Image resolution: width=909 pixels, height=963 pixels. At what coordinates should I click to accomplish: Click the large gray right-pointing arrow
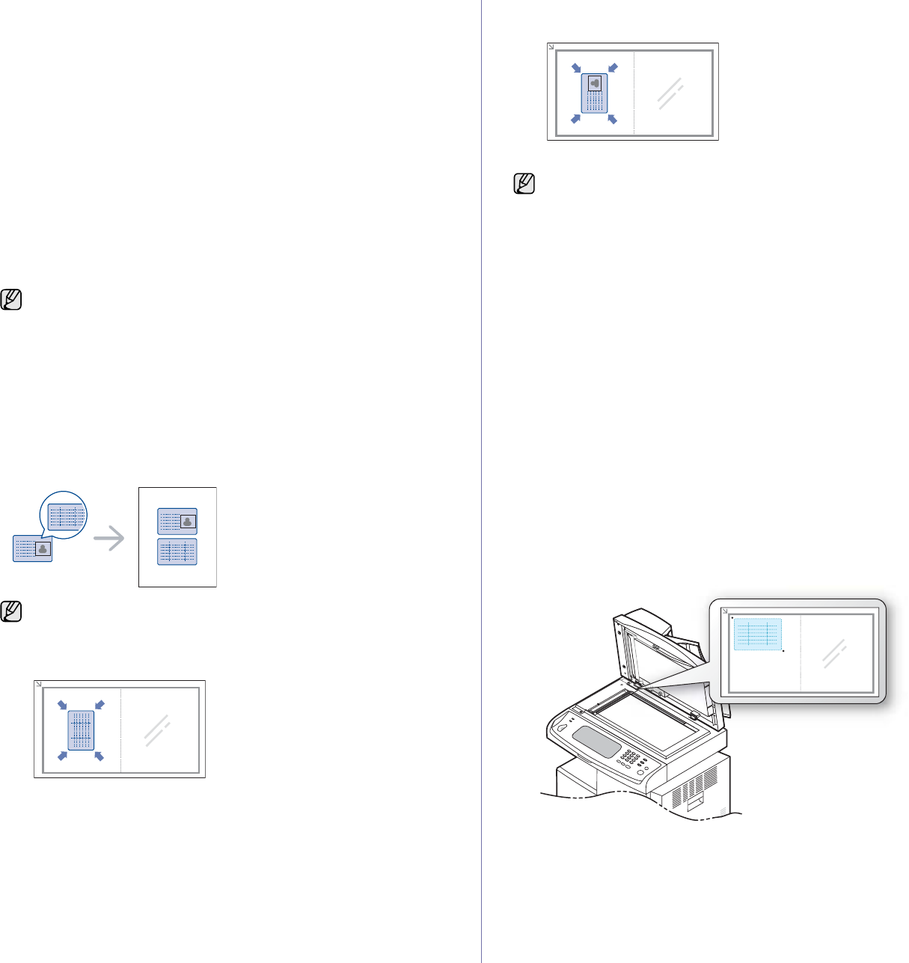click(110, 538)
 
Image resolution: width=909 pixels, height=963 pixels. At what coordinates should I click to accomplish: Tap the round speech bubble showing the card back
click(64, 514)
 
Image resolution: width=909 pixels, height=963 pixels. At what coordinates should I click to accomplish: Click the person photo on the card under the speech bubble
click(43, 548)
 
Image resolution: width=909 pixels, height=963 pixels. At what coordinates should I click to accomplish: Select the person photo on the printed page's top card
click(188, 522)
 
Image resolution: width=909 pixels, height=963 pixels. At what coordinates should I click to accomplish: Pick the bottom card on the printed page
click(177, 551)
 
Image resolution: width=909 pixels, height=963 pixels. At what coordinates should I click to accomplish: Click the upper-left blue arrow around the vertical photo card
click(576, 68)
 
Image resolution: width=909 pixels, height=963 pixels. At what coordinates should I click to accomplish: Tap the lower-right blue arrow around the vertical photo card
click(612, 119)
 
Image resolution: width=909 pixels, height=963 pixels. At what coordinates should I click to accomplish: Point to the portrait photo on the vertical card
click(595, 83)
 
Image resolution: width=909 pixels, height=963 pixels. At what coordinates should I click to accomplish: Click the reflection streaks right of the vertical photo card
click(671, 94)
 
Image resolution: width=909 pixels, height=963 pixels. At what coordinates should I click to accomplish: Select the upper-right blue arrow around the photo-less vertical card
click(100, 705)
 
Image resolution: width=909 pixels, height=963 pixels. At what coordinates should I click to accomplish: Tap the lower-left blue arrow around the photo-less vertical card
click(63, 756)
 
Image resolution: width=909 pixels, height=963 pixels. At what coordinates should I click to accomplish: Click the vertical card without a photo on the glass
click(82, 730)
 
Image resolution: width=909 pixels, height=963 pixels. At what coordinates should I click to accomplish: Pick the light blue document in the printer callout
click(757, 635)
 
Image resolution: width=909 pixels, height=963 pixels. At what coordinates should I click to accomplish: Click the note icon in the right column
click(524, 183)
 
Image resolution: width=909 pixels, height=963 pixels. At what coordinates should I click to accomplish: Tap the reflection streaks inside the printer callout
click(834, 653)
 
